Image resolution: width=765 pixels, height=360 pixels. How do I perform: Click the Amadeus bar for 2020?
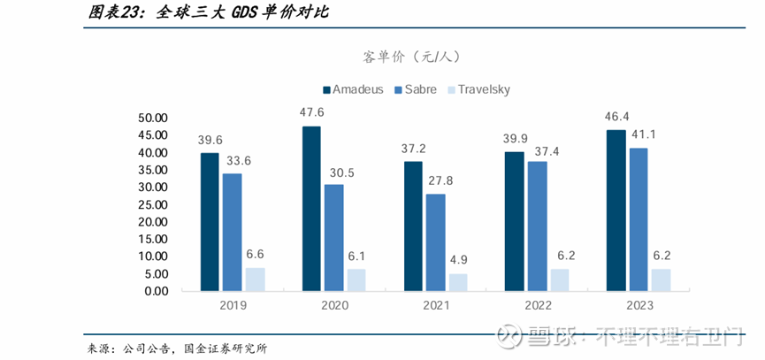tap(311, 209)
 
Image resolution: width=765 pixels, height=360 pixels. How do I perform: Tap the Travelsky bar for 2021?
tap(458, 282)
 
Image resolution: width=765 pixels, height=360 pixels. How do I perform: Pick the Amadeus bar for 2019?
tap(210, 222)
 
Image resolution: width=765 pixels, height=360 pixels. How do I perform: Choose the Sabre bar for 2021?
tap(436, 242)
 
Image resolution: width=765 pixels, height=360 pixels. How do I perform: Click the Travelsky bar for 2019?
tap(255, 280)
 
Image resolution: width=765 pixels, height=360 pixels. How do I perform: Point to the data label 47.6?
tap(311, 113)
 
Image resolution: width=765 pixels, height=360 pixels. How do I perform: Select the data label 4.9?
tap(458, 260)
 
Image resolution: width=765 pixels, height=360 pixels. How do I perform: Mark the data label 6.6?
tap(255, 254)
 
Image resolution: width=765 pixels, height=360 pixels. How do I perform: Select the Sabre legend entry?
tap(416, 89)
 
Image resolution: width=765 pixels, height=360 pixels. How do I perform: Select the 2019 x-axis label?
tap(232, 306)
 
